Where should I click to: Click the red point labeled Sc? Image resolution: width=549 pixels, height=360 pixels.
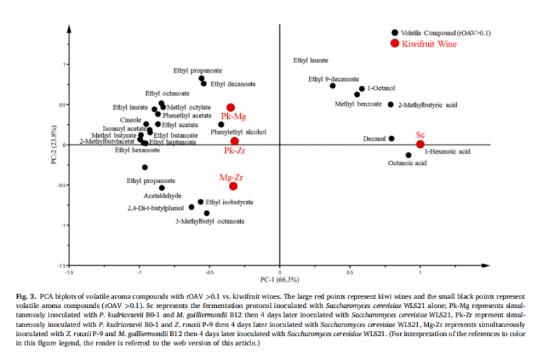pyautogui.click(x=420, y=144)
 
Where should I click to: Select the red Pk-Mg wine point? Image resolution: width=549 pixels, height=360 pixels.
pyautogui.click(x=231, y=108)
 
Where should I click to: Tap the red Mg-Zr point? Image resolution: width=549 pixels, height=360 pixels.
pyautogui.click(x=233, y=186)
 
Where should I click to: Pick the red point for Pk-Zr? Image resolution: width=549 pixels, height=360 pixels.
pyautogui.click(x=235, y=141)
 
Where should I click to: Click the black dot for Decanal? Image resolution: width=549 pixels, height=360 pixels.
pyautogui.click(x=392, y=139)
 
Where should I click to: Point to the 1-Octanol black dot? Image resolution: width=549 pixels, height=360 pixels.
pyautogui.click(x=362, y=88)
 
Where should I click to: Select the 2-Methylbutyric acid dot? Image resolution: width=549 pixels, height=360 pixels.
pyautogui.click(x=390, y=105)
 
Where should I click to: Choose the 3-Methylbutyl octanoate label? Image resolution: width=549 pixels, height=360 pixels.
pyautogui.click(x=210, y=221)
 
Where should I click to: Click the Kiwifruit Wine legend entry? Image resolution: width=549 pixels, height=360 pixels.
pyautogui.click(x=430, y=43)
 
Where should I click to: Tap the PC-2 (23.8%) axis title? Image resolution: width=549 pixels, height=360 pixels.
pyautogui.click(x=54, y=145)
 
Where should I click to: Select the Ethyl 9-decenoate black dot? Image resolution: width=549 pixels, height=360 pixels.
pyautogui.click(x=333, y=86)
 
